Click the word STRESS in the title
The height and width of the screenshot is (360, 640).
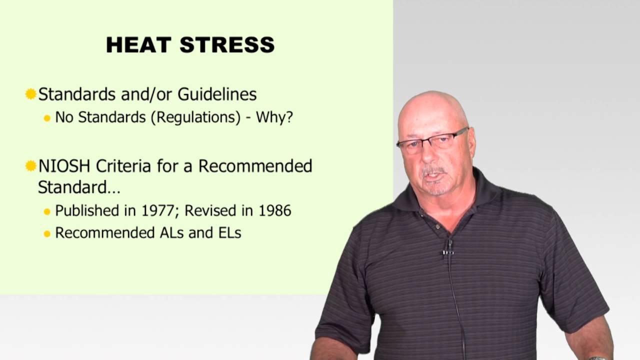pyautogui.click(x=227, y=45)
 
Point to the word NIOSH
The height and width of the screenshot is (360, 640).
pyautogui.click(x=64, y=166)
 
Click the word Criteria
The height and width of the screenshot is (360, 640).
pyautogui.click(x=124, y=166)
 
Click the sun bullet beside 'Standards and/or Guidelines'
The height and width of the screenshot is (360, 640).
pyautogui.click(x=31, y=94)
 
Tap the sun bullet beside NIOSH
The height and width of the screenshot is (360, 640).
pyautogui.click(x=31, y=166)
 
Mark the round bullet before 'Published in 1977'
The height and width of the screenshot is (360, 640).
pyautogui.click(x=47, y=211)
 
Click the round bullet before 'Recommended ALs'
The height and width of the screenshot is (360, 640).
pyautogui.click(x=47, y=233)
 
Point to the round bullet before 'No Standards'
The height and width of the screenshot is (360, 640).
pyautogui.click(x=47, y=118)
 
